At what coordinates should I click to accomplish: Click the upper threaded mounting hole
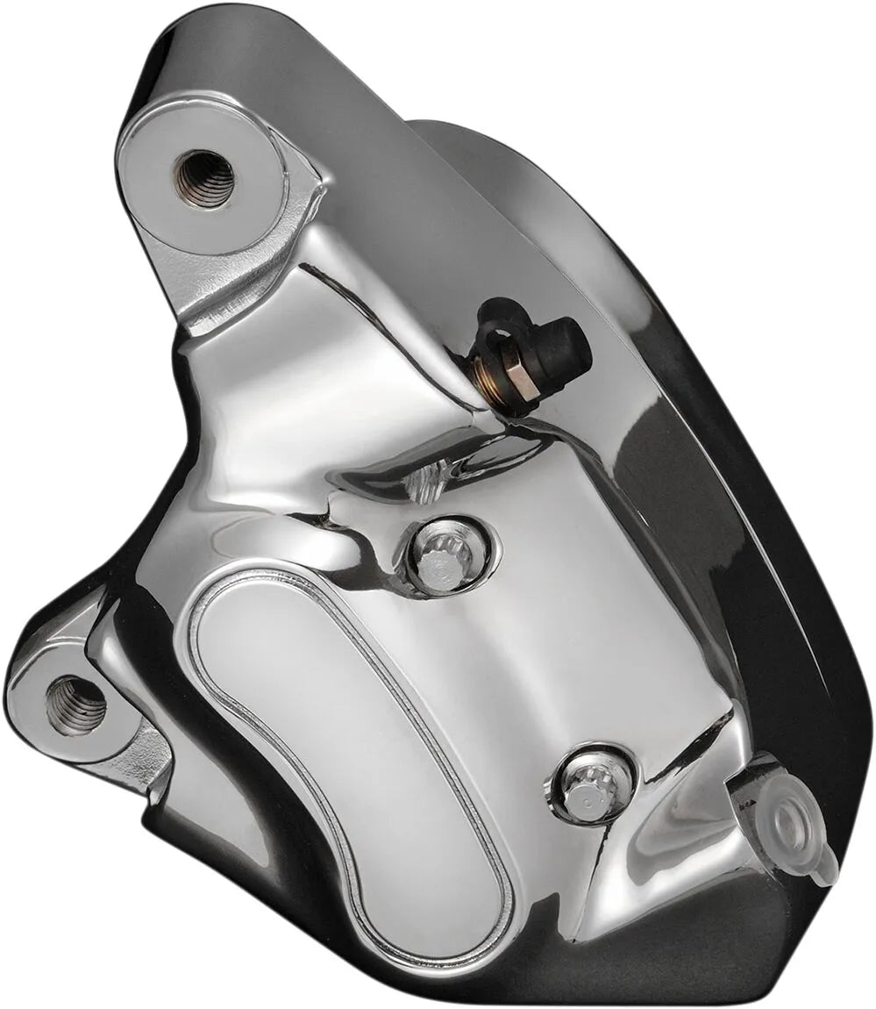coord(204,178)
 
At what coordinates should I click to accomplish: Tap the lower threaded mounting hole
coord(75,705)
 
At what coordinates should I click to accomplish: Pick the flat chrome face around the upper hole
coord(167,202)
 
